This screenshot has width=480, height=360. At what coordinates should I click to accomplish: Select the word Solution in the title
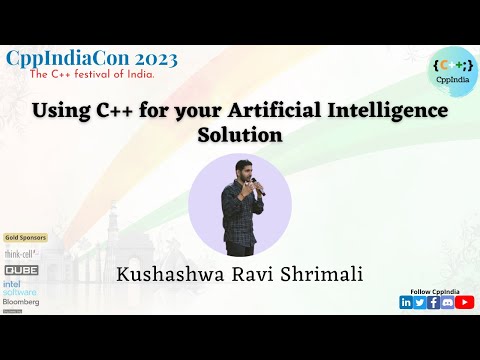pyautogui.click(x=240, y=134)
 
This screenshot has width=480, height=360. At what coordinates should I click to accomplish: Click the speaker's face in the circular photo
pyautogui.click(x=244, y=173)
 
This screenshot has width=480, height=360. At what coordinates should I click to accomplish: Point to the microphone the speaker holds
pyautogui.click(x=255, y=183)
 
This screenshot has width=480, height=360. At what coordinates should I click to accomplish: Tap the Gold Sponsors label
pyautogui.click(x=25, y=237)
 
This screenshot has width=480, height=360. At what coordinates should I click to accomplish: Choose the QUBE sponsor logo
pyautogui.click(x=22, y=269)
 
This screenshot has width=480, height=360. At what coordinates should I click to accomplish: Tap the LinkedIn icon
pyautogui.click(x=406, y=302)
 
